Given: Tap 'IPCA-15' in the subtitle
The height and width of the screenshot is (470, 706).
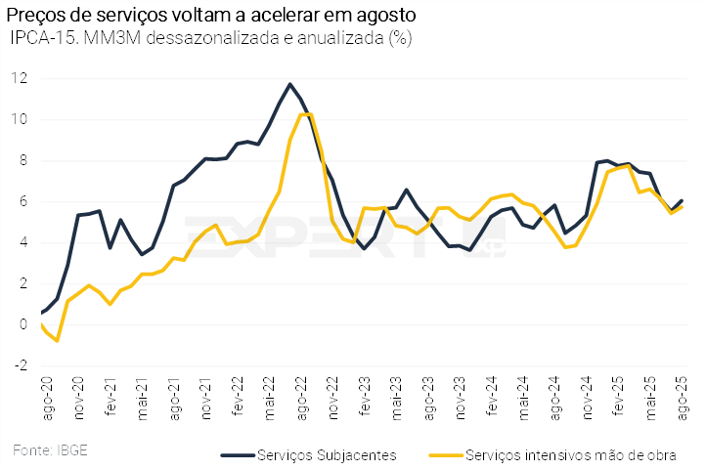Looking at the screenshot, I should pos(38,39).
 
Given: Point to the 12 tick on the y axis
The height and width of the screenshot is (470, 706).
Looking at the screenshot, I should pos(19,78).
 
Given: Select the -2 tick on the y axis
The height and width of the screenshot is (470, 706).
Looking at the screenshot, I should pos(19,365).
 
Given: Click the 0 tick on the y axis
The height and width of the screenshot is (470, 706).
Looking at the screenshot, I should pos(22,324).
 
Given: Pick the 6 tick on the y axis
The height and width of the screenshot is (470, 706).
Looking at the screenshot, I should pos(22,201).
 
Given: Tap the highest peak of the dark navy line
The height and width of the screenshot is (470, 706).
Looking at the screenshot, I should pos(289,84).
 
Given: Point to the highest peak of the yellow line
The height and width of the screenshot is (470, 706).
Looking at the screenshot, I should pos(305,114).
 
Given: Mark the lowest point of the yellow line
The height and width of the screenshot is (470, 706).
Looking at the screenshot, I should pos(58,340).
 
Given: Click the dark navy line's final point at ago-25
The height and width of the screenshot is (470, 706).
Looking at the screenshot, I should pos(682,200).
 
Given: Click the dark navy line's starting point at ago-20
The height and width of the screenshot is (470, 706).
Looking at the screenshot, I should pos(43,312).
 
